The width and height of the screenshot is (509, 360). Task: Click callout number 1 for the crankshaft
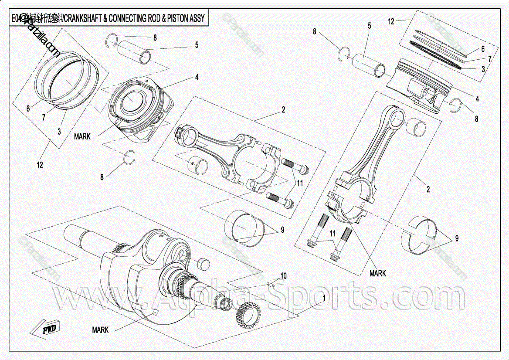[x=324, y=298]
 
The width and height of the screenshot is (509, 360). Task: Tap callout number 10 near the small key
[x=284, y=275]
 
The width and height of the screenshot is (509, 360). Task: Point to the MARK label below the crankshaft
[x=100, y=330]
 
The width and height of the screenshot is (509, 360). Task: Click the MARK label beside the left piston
[x=82, y=136]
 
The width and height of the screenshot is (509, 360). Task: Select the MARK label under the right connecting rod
[x=377, y=273]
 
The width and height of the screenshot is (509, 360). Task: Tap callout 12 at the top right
[x=391, y=20]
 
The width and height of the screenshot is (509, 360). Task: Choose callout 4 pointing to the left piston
[x=197, y=78]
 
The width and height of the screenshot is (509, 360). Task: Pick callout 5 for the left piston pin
[x=197, y=44]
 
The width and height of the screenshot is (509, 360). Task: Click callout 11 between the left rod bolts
[x=299, y=183]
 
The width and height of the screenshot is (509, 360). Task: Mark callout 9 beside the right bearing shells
[x=457, y=238]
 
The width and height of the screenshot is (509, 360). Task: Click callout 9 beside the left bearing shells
[x=282, y=229]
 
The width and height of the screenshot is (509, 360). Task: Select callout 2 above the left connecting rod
[x=283, y=110]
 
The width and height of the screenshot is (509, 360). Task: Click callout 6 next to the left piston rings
[x=28, y=109]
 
